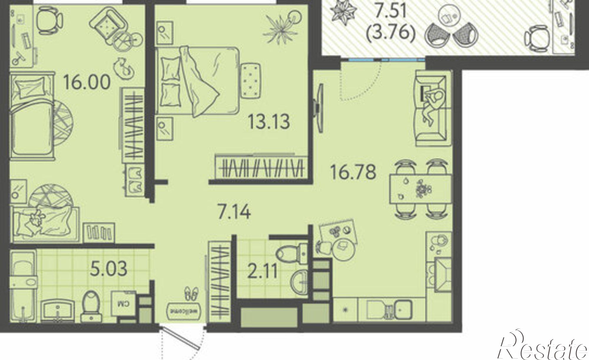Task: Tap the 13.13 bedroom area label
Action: point(269,122)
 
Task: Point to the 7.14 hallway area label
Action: point(234,212)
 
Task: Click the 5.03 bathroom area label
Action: point(109,269)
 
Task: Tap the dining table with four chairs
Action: point(421,189)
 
